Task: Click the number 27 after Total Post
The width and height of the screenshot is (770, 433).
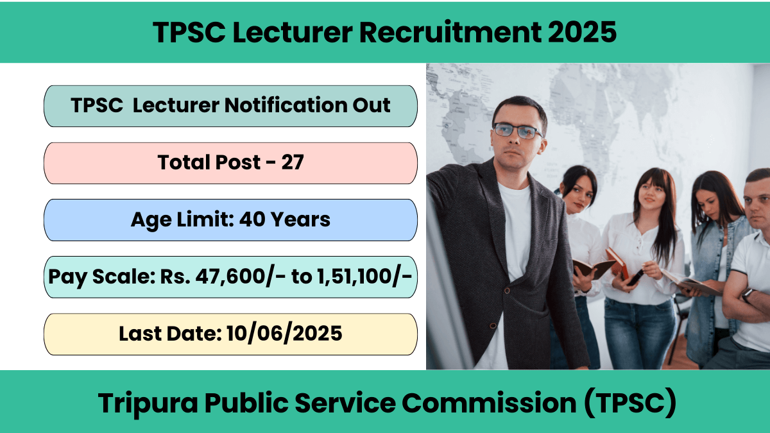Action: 293,162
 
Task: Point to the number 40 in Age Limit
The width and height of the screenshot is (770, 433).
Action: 252,219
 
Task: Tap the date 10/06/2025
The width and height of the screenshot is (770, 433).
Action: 284,334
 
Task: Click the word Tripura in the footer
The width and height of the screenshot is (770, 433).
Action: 148,403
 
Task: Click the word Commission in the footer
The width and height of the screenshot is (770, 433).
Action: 489,403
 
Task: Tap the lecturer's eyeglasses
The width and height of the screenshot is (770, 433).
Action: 518,132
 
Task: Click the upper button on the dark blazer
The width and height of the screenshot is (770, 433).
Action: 507,291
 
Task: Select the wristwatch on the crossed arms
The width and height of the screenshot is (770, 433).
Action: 746,294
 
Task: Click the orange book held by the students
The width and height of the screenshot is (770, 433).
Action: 617,262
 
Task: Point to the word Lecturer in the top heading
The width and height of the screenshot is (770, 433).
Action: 293,32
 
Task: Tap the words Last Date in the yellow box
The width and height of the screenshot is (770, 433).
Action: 170,334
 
